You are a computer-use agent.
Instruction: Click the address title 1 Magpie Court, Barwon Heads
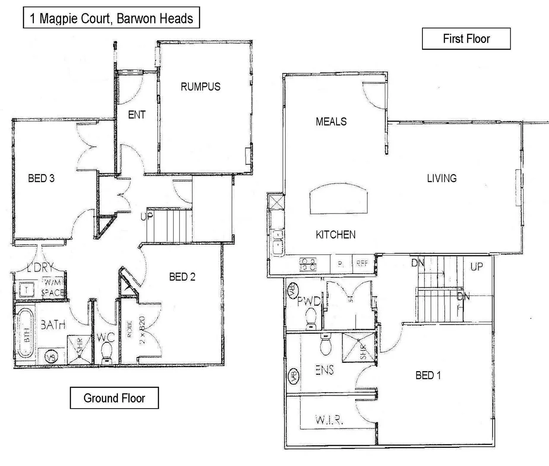click(x=111, y=18)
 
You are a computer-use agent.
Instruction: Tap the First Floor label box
click(x=466, y=39)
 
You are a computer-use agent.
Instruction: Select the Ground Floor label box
click(x=114, y=398)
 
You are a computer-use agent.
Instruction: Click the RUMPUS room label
click(x=200, y=87)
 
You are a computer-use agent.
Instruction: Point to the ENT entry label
click(x=136, y=115)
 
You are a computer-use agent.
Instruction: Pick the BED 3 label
click(x=41, y=178)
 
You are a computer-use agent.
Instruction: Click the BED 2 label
click(x=182, y=277)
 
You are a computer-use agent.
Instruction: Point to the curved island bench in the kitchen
click(x=339, y=199)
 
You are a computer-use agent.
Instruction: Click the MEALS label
click(x=331, y=122)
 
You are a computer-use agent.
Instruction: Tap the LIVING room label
click(x=441, y=178)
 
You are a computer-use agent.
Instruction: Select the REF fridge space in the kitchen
click(x=362, y=263)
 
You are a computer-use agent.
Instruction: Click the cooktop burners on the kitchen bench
click(x=308, y=264)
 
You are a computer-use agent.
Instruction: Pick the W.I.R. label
click(x=329, y=420)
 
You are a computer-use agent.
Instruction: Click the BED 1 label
click(x=428, y=375)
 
